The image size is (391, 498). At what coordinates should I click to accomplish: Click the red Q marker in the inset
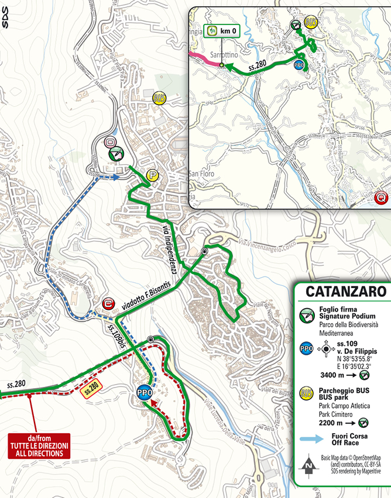tap(382, 198)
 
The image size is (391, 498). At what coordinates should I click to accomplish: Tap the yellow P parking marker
tap(152, 175)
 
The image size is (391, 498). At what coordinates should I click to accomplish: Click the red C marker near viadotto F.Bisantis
tap(107, 303)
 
